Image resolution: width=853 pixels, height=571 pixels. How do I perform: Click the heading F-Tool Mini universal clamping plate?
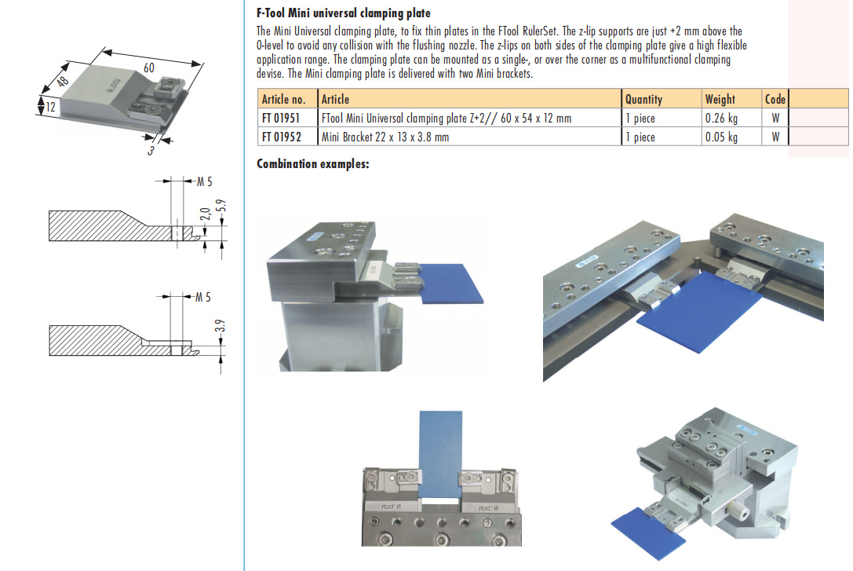point(344,13)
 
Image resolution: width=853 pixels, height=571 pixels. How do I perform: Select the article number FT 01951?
point(283,118)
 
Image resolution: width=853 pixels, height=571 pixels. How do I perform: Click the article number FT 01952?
point(283,137)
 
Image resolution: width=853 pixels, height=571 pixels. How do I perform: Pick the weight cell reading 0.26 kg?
point(721,118)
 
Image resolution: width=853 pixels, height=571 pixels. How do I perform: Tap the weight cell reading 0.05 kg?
point(721,137)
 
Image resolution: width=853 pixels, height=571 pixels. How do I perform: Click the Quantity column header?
point(643,99)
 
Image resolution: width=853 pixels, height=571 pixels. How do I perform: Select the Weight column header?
point(720,99)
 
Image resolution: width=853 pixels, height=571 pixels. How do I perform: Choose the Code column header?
point(775,99)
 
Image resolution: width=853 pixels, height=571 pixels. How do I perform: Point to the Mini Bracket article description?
point(385,137)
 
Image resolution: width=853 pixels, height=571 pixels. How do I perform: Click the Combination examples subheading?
point(313,163)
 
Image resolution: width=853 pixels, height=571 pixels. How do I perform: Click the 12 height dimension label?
point(50,106)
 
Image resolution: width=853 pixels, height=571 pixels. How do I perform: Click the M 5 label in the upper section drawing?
point(203,182)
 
